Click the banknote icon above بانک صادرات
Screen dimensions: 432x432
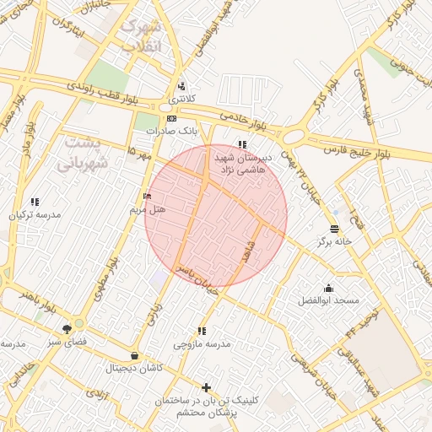(171, 118)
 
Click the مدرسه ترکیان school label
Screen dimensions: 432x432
(35, 214)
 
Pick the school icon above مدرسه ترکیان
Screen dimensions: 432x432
(35, 202)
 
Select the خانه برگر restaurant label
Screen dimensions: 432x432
(334, 241)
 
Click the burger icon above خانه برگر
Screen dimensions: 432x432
(335, 229)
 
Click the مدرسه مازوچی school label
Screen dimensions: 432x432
(202, 343)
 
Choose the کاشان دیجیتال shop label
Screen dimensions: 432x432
(134, 368)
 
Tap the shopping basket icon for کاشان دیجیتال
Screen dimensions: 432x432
(135, 355)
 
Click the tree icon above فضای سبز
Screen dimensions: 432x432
(67, 329)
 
